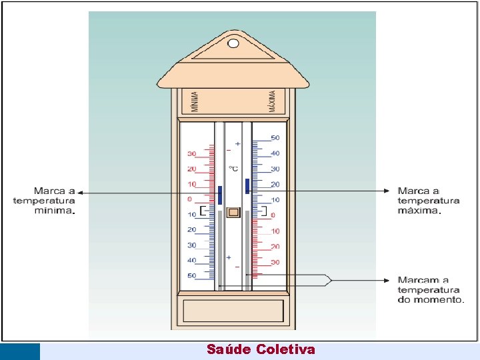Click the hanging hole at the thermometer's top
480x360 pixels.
pos(233,44)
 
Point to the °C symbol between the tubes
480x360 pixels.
pos(233,169)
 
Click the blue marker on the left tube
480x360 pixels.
pos(219,195)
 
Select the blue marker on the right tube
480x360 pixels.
pos(247,185)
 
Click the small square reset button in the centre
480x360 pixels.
pos(233,213)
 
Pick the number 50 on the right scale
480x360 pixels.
pos(275,138)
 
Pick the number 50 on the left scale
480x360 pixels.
pos(191,275)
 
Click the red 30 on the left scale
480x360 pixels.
pos(191,154)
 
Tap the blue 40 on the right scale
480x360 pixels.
pos(275,153)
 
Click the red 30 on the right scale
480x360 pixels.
pos(275,262)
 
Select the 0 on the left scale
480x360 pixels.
pos(189,199)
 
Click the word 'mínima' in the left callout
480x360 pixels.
pos(53,210)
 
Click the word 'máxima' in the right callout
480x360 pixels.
pos(418,210)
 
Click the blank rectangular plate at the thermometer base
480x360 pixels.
pos(233,311)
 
